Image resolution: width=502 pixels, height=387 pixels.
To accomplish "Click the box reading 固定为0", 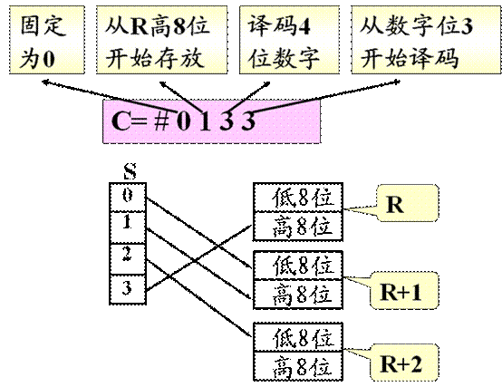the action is [x=47, y=40].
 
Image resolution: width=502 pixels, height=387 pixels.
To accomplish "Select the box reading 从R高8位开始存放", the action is [x=161, y=40].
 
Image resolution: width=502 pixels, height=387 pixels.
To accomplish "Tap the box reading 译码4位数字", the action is [x=289, y=40].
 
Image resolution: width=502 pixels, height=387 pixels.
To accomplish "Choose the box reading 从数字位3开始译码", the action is [x=427, y=40].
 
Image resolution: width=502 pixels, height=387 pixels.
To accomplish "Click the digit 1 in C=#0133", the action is [x=205, y=121].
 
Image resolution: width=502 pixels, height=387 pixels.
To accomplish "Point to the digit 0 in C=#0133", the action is [x=183, y=121].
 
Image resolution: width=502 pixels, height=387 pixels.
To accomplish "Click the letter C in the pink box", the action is [x=121, y=121].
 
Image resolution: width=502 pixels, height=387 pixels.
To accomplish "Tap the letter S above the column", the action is [x=130, y=171].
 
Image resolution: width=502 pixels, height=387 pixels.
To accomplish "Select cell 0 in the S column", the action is [x=128, y=197].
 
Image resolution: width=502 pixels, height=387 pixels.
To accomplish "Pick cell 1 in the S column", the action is [x=128, y=227].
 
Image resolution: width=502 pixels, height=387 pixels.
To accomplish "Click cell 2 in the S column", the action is [x=128, y=258].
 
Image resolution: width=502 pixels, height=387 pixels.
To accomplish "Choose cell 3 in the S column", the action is [x=128, y=289].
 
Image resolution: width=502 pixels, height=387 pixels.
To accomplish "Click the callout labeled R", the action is [x=408, y=203].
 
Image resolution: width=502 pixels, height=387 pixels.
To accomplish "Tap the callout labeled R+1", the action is [x=404, y=291].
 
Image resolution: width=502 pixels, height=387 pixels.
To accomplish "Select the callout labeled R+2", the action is [x=404, y=363].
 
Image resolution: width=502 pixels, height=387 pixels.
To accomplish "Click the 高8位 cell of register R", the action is [x=298, y=226].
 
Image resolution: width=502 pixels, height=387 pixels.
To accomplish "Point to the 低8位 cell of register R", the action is [x=298, y=198].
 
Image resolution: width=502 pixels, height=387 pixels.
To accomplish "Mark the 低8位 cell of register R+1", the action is [x=298, y=266].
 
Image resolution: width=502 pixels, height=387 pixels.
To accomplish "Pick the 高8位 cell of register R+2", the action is [x=298, y=366].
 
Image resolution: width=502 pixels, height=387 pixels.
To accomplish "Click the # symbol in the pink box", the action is [x=161, y=121].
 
